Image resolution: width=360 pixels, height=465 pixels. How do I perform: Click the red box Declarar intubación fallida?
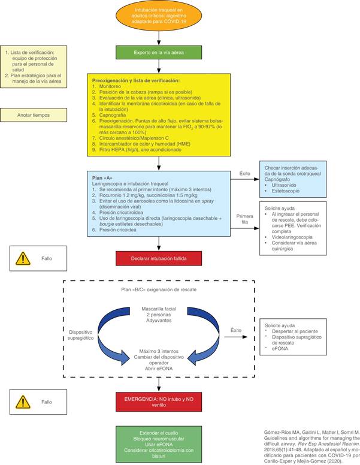159,259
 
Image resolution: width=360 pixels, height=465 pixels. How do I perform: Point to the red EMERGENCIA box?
158,401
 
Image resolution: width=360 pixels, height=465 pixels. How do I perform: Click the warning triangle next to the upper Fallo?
23,258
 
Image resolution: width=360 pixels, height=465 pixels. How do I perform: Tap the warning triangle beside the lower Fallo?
23,401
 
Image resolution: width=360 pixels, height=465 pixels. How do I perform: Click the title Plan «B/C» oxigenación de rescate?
158,289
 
